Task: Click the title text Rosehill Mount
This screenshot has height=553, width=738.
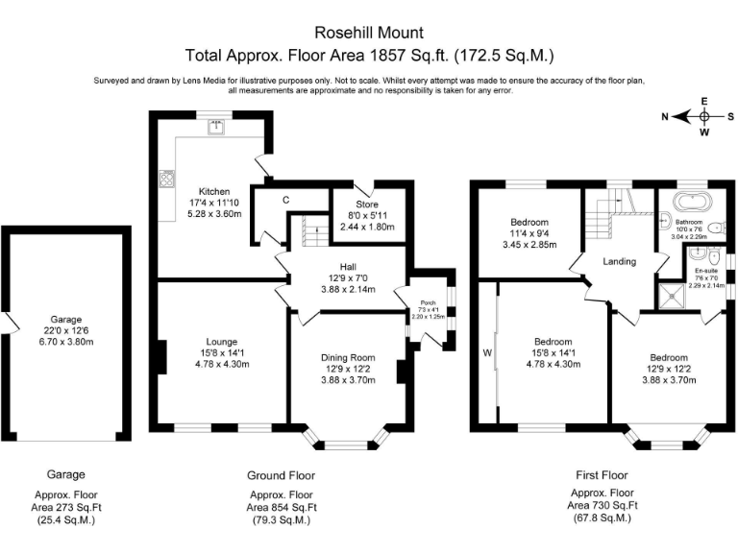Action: click(x=369, y=33)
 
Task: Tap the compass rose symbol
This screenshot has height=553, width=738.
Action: click(x=703, y=116)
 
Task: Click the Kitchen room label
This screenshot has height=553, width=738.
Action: click(x=213, y=191)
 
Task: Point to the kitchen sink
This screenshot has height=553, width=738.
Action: click(x=220, y=130)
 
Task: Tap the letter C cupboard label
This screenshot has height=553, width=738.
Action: click(x=285, y=201)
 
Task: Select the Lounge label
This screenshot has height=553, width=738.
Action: click(x=221, y=340)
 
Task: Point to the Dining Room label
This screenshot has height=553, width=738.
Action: click(x=348, y=357)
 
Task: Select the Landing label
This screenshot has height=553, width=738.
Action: click(x=620, y=261)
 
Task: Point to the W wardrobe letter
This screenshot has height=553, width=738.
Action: click(x=487, y=352)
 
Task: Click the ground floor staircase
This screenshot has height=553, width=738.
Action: click(x=309, y=230)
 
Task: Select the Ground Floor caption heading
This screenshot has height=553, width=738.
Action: click(x=281, y=475)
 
